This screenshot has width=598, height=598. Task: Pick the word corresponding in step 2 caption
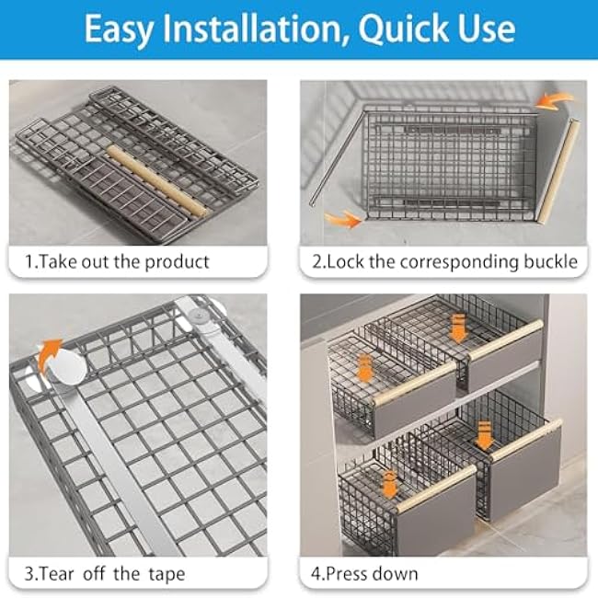point(438,261)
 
